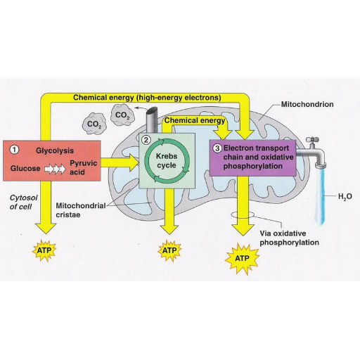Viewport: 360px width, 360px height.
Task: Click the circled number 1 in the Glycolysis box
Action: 14,150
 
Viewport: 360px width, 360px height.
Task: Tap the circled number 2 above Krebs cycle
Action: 146,140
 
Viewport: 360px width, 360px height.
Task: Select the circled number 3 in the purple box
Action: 217,148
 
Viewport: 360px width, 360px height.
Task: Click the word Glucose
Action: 25,168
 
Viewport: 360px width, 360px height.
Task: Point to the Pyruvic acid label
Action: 84,167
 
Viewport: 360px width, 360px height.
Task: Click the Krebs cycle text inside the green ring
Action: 167,160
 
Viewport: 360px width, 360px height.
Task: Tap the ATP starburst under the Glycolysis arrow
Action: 44,250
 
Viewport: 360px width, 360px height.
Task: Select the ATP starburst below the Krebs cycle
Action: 169,250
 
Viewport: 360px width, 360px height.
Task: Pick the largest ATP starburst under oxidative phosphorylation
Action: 242,259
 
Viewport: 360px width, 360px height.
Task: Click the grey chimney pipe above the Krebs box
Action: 152,120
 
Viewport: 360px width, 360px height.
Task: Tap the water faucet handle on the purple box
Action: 313,140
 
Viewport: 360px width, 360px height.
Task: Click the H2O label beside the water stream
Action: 345,196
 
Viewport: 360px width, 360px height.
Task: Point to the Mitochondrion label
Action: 307,104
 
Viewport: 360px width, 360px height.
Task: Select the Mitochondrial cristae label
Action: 81,210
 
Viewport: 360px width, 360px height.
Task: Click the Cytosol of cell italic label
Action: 23,202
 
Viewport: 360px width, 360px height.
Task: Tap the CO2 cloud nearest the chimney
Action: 122,115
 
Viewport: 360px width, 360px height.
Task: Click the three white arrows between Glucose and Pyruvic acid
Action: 55,169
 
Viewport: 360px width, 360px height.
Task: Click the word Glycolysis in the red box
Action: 55,150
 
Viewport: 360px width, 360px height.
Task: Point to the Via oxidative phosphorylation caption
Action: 289,238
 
